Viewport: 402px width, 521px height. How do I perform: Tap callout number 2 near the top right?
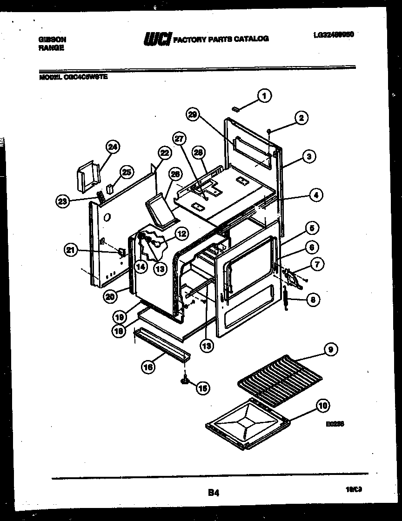(301, 118)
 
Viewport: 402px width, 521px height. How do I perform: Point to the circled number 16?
(148, 367)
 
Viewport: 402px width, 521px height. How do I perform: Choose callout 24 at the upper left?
(113, 147)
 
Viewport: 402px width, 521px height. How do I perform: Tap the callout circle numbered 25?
(126, 172)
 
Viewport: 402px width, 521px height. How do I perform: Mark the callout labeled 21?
(70, 250)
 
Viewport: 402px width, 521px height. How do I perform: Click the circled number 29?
(194, 114)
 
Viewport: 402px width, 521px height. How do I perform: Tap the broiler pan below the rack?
(247, 423)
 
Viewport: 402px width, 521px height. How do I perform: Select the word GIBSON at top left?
(52, 39)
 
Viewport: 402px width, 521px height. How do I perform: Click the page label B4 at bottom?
(214, 493)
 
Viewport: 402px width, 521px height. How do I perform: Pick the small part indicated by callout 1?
(237, 109)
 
